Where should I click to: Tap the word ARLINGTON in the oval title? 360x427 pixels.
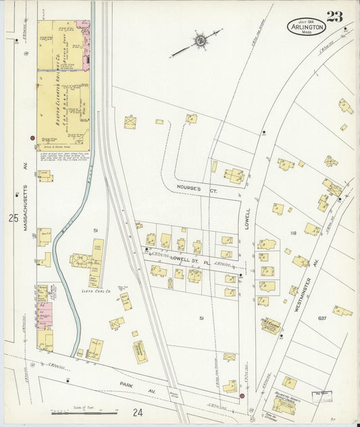tap(307, 28)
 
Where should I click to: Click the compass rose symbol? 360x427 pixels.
tap(201, 42)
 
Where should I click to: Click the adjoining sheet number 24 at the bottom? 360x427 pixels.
tap(137, 412)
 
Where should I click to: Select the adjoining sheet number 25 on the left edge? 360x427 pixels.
tap(14, 218)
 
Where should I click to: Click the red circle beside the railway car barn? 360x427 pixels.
tap(32, 138)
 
